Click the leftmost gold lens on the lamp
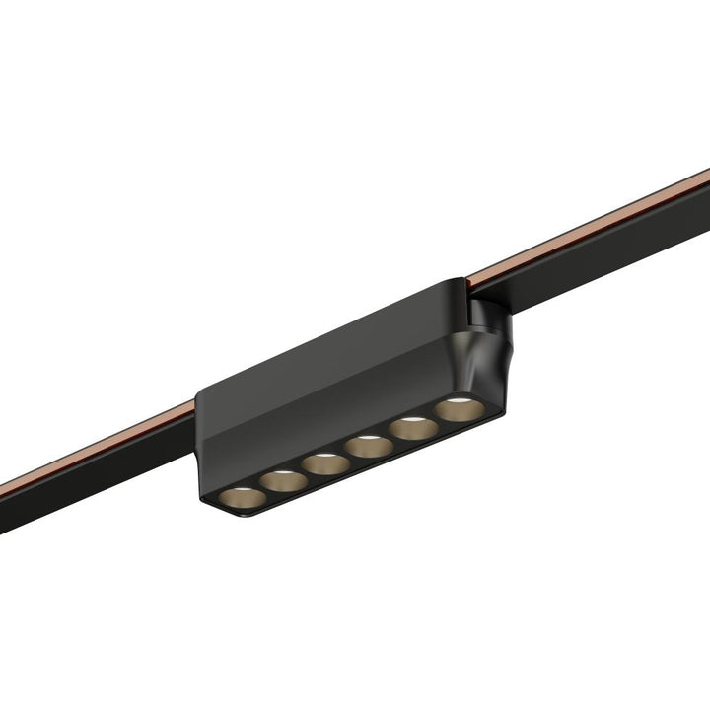pyautogui.click(x=239, y=498)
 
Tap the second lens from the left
pyautogui.click(x=283, y=480)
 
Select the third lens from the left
pyautogui.click(x=325, y=462)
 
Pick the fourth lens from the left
pyautogui.click(x=369, y=445)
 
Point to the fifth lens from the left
pyautogui.click(x=412, y=427)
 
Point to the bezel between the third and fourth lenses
pyautogui.click(x=347, y=456)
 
